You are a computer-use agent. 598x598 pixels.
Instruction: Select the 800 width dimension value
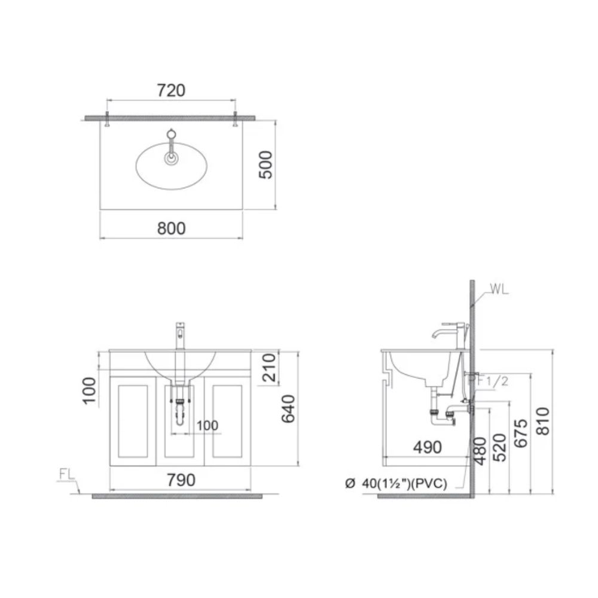(172, 228)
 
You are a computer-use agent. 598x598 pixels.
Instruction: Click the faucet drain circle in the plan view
(172, 158)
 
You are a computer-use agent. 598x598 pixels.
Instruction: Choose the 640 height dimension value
(288, 409)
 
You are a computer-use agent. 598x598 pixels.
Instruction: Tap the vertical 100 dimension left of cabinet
(90, 391)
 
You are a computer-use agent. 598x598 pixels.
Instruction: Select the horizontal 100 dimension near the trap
(207, 426)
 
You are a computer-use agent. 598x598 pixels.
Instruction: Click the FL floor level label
(66, 475)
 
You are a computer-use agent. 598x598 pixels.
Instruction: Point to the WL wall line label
(499, 290)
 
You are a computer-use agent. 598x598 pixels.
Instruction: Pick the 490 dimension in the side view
(426, 447)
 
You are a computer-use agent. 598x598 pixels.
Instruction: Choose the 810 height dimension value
(542, 422)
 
